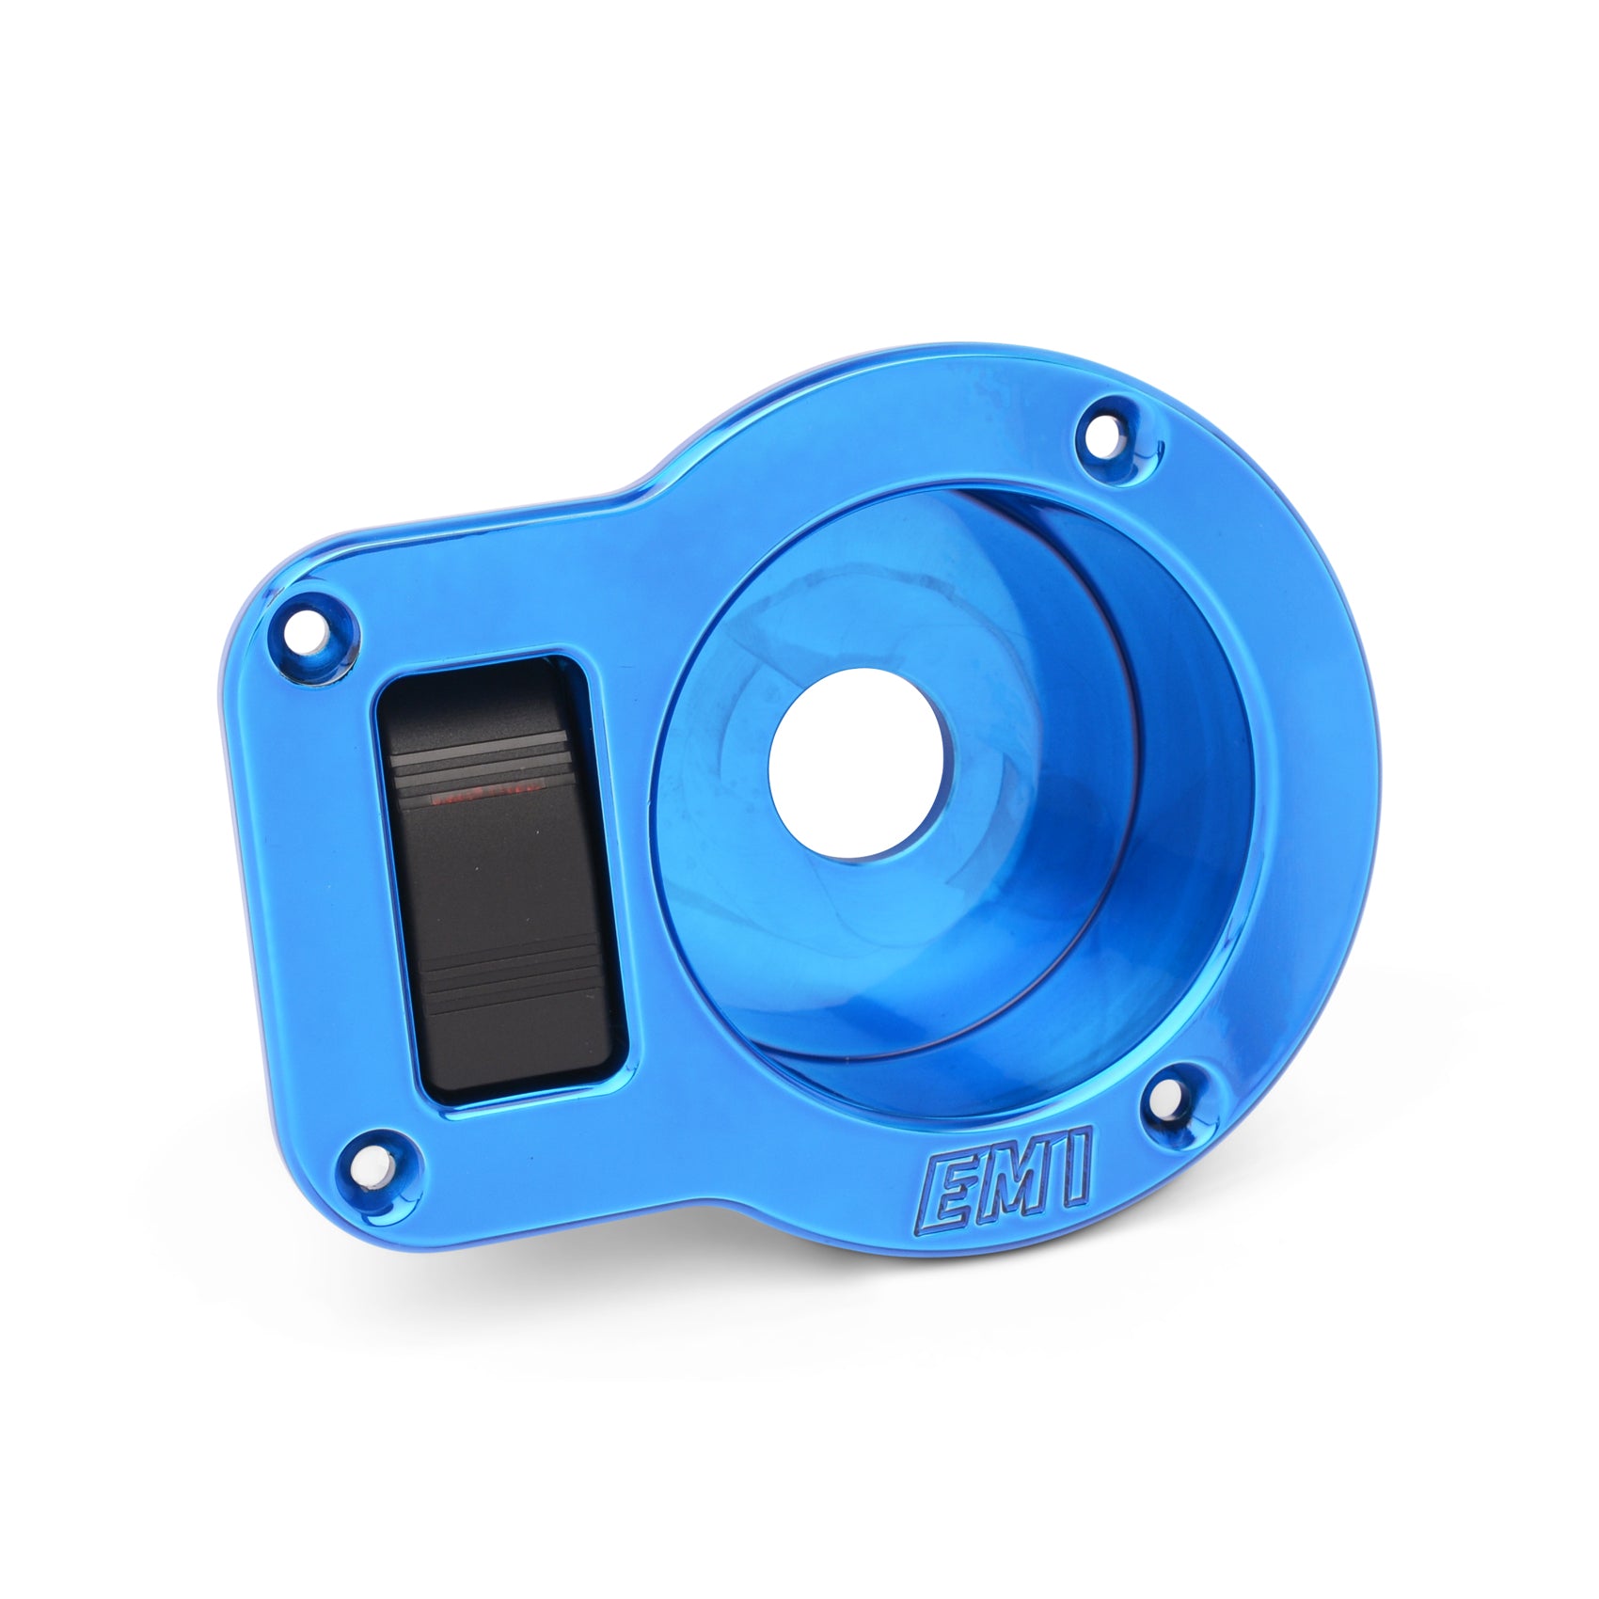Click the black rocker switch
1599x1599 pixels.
(x=499, y=879)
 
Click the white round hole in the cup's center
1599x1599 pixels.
(x=856, y=763)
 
